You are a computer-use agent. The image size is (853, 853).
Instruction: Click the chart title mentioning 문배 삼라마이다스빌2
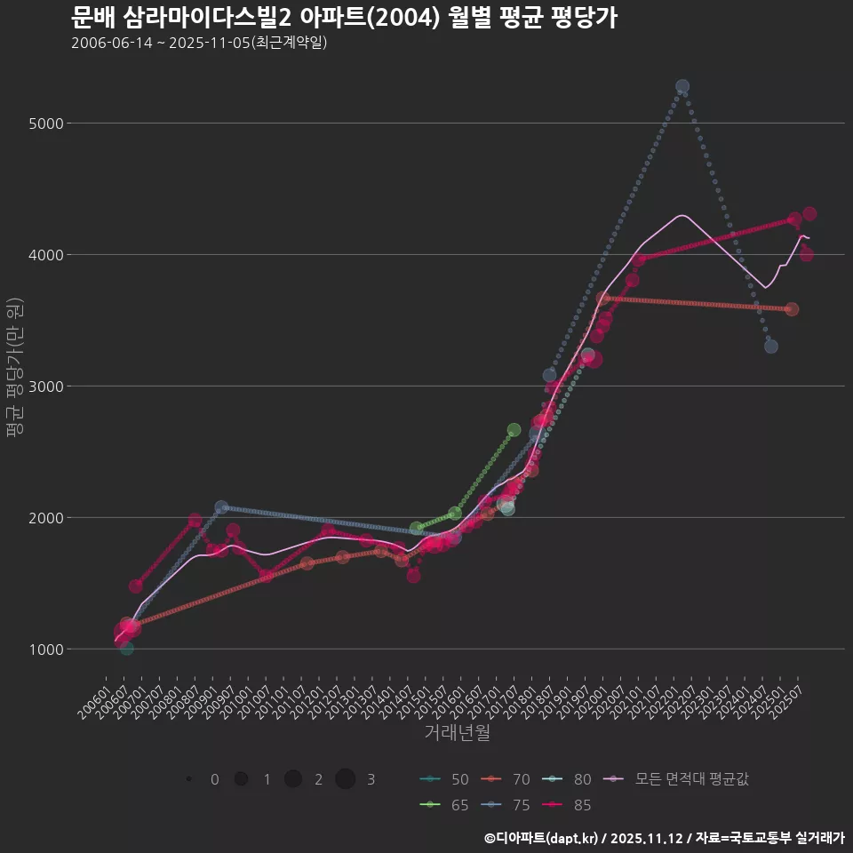pos(343,17)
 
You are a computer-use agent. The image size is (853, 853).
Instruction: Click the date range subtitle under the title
pos(199,43)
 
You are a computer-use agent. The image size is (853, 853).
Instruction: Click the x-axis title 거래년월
pos(457,732)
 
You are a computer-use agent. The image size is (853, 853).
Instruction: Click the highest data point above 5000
pos(682,86)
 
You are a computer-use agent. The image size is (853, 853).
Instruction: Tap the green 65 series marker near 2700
pos(514,430)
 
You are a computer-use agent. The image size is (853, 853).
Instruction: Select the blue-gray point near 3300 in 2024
pos(771,346)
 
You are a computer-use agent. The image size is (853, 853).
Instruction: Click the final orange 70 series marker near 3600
pos(792,309)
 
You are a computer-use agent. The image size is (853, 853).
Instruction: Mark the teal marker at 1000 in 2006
pos(127,649)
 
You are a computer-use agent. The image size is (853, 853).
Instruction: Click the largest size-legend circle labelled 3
pos(346,779)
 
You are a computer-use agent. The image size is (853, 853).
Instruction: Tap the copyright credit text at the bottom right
pos(664,838)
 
